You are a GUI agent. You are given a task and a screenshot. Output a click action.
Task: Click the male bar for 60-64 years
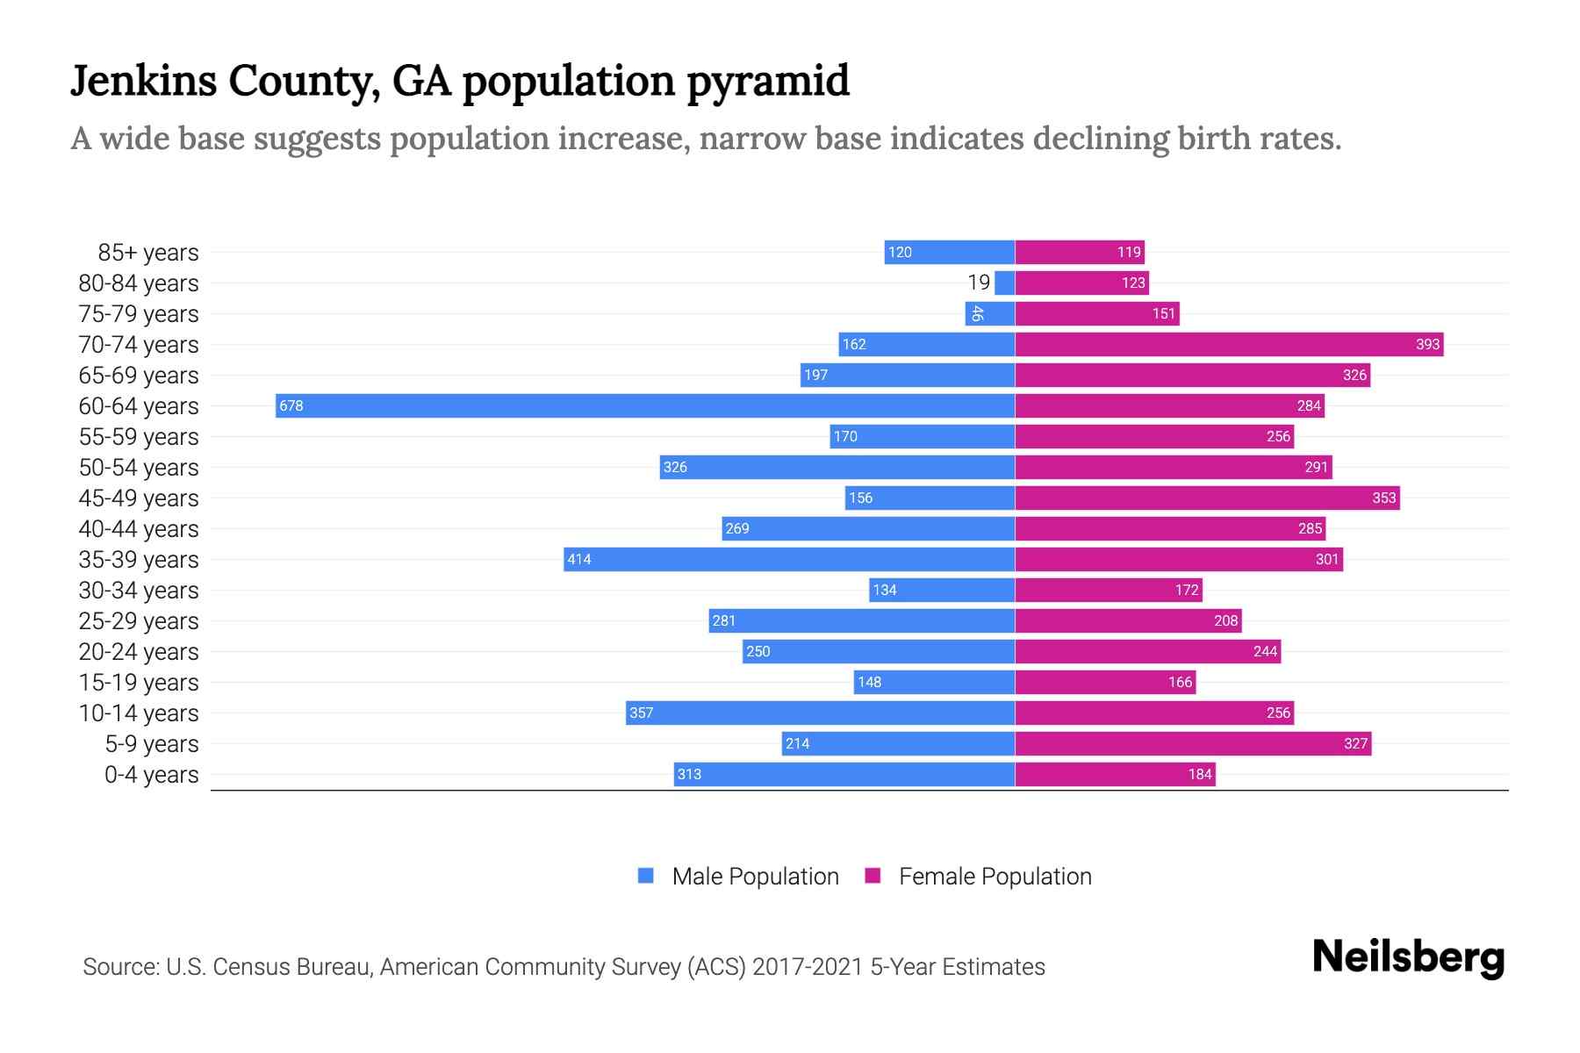click(645, 405)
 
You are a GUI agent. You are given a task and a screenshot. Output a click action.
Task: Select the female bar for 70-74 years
click(1229, 344)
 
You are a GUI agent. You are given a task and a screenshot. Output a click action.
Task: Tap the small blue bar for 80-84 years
click(1005, 283)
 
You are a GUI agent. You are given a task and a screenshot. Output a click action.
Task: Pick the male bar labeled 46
click(990, 313)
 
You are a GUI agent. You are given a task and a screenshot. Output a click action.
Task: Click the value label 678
click(291, 405)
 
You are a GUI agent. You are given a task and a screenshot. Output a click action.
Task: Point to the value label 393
click(1427, 344)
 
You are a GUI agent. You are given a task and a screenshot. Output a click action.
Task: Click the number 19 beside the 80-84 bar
click(979, 283)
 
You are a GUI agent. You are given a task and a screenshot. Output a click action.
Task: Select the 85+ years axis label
click(148, 253)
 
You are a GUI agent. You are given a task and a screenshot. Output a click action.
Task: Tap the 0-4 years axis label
click(151, 775)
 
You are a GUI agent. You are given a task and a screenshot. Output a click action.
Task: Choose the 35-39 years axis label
click(139, 560)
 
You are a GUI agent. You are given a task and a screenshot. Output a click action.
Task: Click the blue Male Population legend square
click(646, 876)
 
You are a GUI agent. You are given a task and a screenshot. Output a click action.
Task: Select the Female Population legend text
click(995, 877)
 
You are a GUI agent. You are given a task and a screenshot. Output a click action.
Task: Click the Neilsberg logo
click(1408, 957)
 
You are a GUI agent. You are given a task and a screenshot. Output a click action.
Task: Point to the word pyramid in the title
click(768, 82)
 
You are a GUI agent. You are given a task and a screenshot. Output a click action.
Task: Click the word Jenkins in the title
click(143, 81)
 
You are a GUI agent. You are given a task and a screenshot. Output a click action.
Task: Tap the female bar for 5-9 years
click(1192, 743)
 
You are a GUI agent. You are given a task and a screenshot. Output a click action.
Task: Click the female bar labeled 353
click(1207, 498)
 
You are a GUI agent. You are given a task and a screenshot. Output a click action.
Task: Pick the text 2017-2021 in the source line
click(808, 967)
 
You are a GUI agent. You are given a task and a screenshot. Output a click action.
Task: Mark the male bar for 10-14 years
click(820, 713)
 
